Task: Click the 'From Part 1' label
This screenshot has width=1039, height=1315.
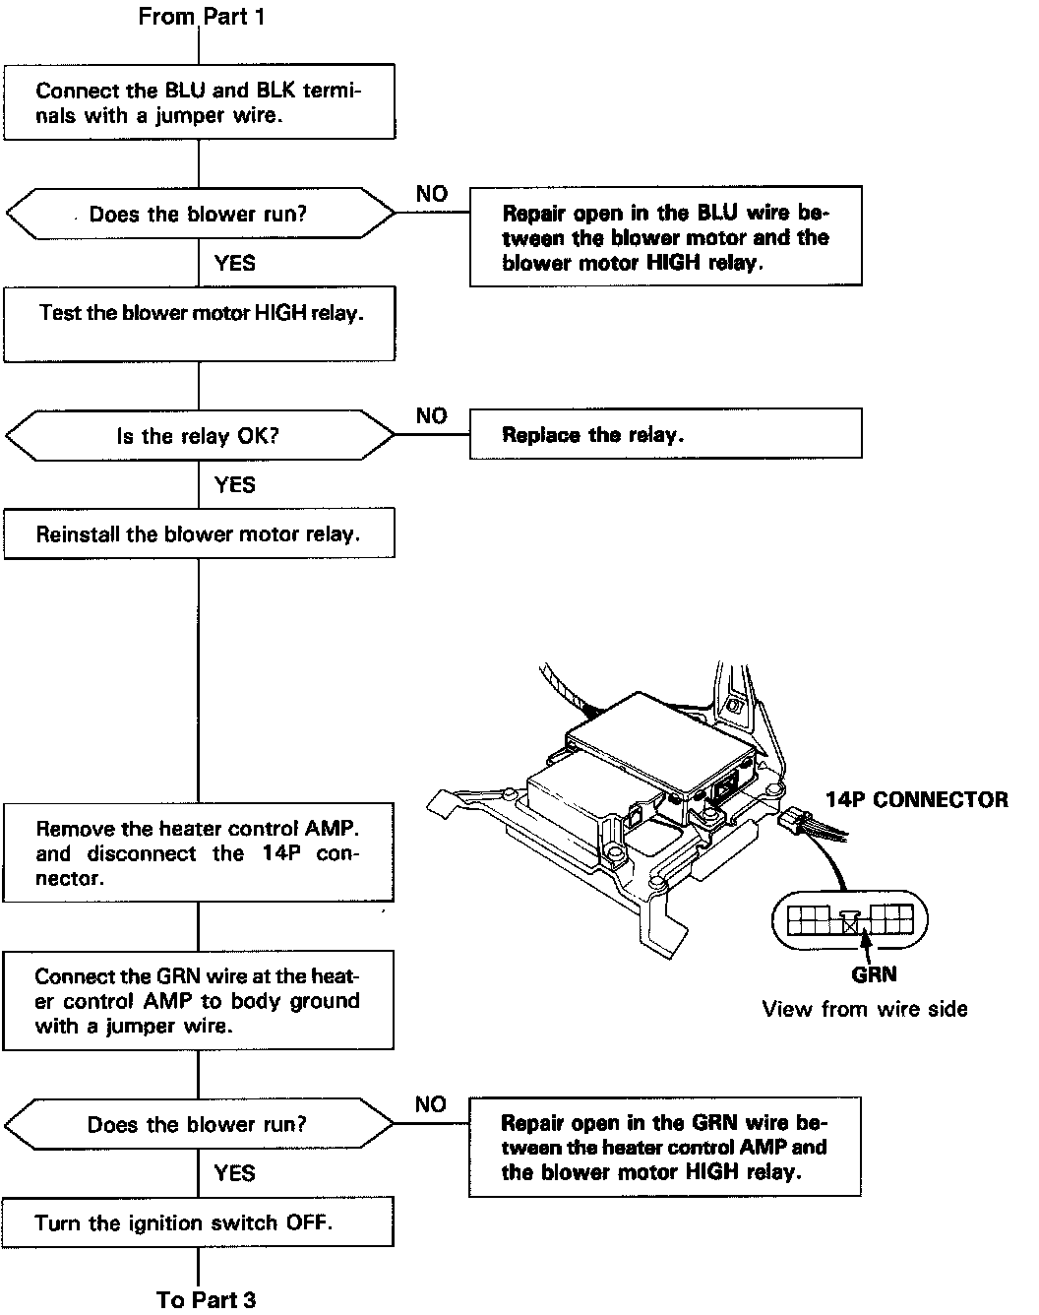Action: [201, 17]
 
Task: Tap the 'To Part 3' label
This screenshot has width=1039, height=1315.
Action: [206, 1299]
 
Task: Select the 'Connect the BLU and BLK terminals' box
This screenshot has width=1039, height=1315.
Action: [199, 102]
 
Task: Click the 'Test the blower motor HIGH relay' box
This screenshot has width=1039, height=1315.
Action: [199, 324]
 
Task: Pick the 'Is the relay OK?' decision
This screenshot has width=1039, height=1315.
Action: [199, 435]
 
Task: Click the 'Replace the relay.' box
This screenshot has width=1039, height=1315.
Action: [665, 434]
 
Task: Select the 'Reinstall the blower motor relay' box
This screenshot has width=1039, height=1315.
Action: [199, 533]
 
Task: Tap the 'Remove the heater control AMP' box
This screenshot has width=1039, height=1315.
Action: [199, 852]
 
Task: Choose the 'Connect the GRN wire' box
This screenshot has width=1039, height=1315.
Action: [199, 1000]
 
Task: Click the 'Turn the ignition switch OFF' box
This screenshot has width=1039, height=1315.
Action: [199, 1222]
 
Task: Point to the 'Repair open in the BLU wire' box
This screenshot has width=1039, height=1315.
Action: [665, 237]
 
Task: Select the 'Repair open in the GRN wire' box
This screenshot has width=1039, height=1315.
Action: [665, 1147]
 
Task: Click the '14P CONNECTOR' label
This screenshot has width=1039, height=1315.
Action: [916, 799]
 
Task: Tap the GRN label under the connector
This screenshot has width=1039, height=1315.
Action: [874, 974]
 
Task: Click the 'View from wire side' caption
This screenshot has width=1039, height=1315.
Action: [864, 1009]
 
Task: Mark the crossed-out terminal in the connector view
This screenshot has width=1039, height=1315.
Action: [851, 925]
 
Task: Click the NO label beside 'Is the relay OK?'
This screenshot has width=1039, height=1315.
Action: [431, 415]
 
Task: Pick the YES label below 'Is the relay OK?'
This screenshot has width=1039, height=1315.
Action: [234, 484]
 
